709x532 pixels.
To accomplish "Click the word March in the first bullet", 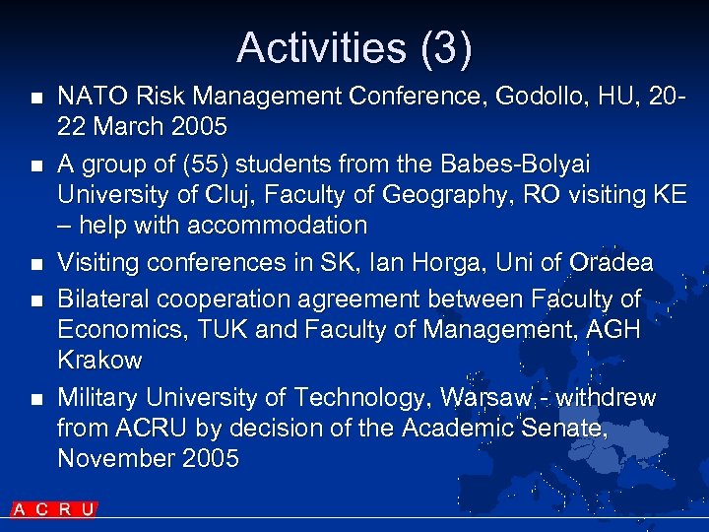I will pyautogui.click(x=131, y=127).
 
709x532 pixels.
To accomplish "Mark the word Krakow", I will pyautogui.click(x=99, y=361).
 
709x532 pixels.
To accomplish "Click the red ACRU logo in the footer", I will pyautogui.click(x=54, y=509).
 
